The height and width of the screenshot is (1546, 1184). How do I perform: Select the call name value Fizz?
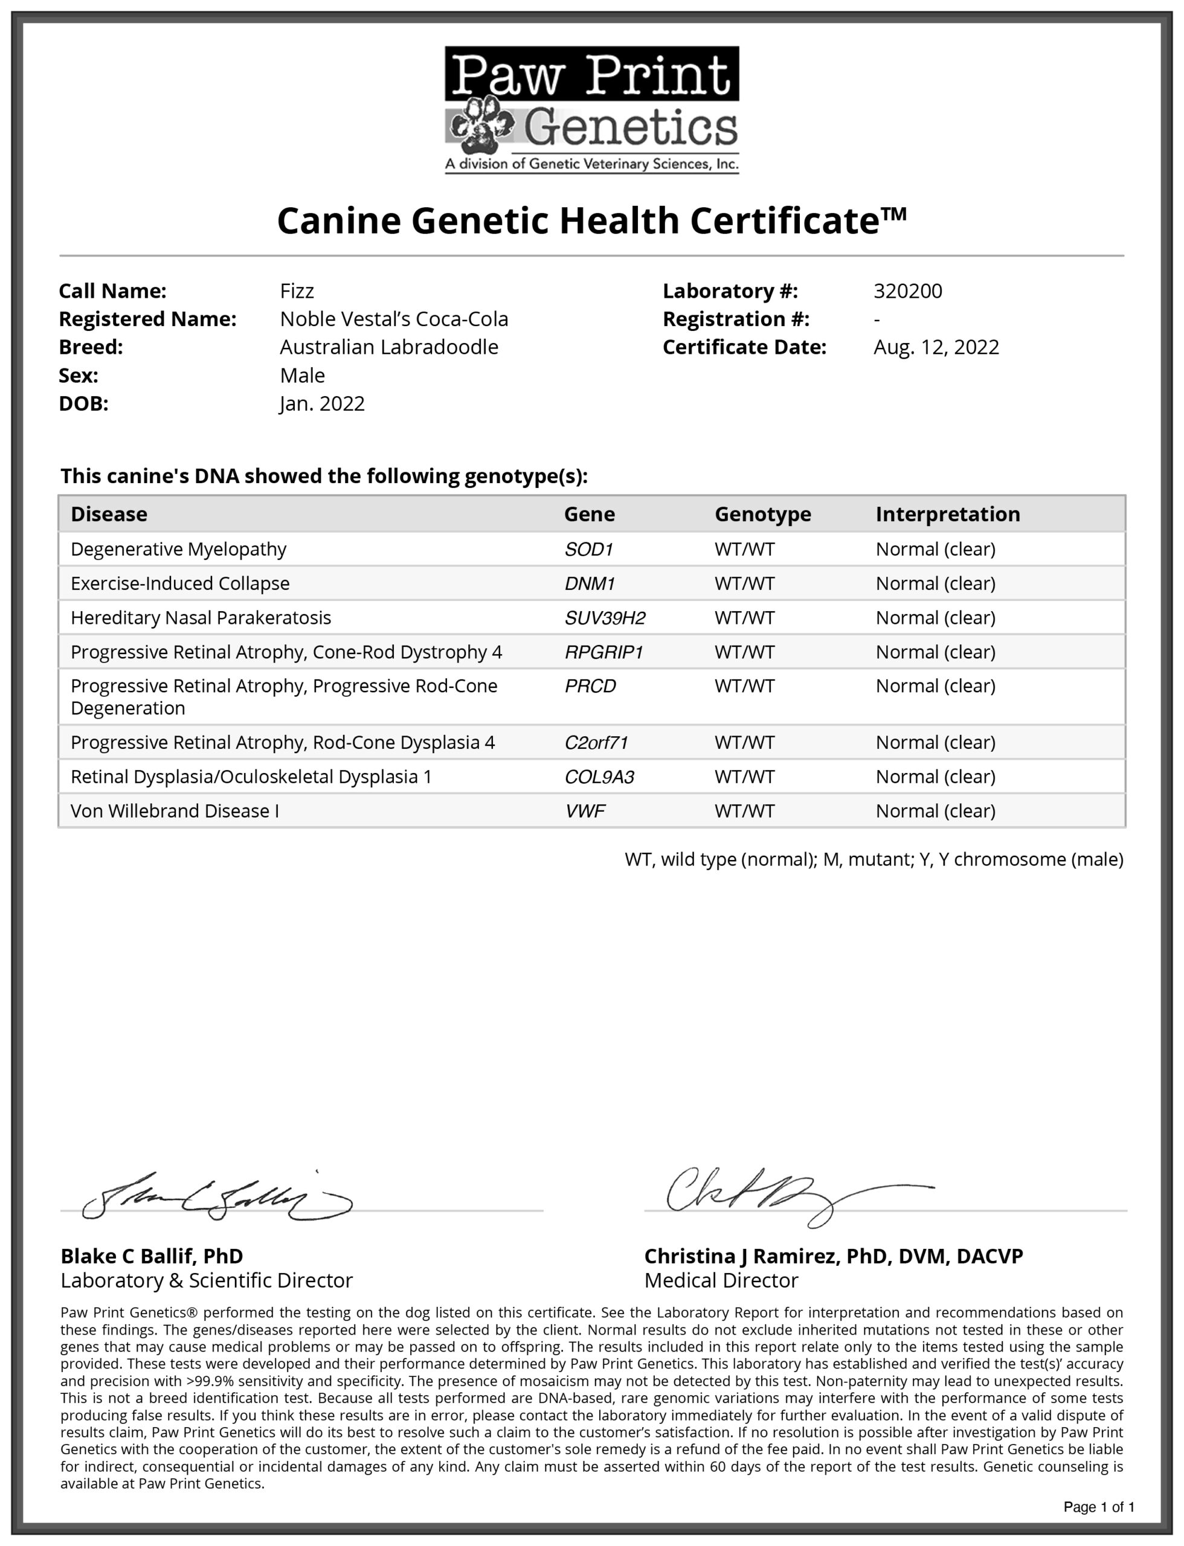(297, 291)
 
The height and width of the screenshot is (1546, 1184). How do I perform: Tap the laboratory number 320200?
(908, 291)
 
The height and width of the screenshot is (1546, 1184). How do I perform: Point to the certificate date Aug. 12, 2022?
(936, 347)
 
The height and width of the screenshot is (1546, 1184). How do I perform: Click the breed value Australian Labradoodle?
(389, 347)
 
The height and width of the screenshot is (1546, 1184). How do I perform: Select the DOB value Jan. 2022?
(322, 404)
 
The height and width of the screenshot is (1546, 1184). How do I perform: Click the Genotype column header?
(762, 515)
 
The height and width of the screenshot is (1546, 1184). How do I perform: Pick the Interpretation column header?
(948, 515)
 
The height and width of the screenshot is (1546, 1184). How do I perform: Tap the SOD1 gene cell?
(589, 550)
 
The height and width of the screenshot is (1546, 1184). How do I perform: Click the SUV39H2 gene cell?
(605, 618)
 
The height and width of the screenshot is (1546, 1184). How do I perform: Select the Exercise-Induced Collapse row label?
(180, 583)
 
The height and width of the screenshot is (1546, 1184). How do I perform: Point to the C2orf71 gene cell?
(596, 743)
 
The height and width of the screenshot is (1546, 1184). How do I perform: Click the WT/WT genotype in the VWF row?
(744, 811)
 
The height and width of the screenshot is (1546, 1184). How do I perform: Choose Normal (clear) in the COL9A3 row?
(935, 777)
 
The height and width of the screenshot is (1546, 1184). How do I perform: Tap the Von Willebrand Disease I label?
(175, 811)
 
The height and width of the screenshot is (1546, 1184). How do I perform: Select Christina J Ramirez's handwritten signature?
(775, 1195)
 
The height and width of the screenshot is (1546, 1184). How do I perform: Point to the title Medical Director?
(721, 1280)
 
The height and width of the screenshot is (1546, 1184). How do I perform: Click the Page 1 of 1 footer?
(1099, 1507)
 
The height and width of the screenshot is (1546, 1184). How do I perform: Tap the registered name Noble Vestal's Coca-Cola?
(394, 319)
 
